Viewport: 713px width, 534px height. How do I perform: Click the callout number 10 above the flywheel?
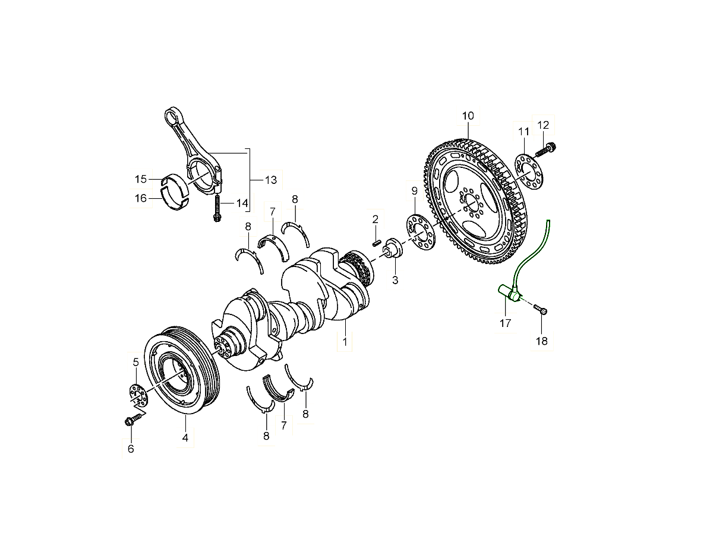[x=468, y=116]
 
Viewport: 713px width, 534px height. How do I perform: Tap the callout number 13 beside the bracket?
[x=270, y=179]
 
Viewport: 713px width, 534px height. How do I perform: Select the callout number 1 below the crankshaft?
[x=344, y=342]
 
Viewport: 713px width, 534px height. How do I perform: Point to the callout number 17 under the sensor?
[x=505, y=323]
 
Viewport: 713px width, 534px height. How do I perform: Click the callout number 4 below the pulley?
[x=185, y=438]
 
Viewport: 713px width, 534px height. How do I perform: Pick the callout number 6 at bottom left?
[x=130, y=449]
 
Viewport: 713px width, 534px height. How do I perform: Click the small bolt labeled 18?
[x=540, y=309]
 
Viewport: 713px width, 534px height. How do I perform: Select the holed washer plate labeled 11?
[x=525, y=170]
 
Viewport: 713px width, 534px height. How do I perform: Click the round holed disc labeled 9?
[x=420, y=232]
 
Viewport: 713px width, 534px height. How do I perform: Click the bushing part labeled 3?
[x=393, y=248]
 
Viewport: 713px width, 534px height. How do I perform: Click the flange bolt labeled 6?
[x=133, y=419]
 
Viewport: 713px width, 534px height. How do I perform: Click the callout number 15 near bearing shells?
[x=140, y=179]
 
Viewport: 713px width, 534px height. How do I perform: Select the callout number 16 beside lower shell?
[x=140, y=198]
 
